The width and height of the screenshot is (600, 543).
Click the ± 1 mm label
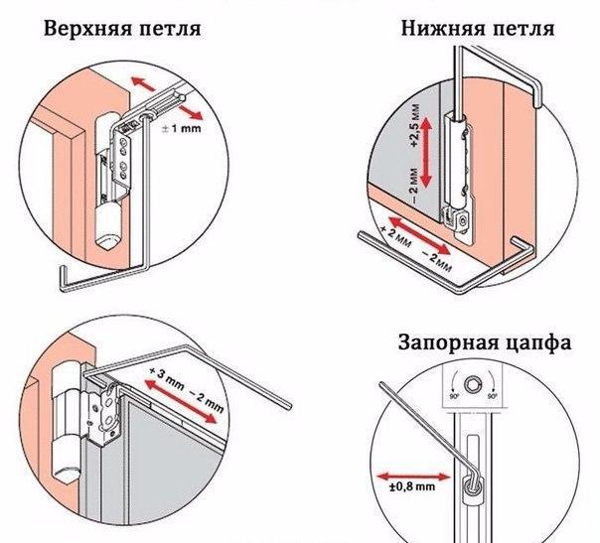181,128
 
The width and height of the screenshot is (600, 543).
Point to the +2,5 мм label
415,125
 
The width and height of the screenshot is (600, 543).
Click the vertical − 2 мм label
415,185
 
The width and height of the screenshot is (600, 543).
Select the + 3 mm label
167,378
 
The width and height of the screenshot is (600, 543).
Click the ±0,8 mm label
412,487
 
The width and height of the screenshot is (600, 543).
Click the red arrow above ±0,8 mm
412,476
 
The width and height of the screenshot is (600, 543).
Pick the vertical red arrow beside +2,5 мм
426,152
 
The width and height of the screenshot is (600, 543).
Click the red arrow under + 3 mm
180,401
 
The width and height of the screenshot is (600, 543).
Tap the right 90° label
493,396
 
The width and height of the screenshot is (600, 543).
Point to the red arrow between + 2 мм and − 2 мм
418,234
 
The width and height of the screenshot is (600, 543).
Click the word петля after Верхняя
170,30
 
